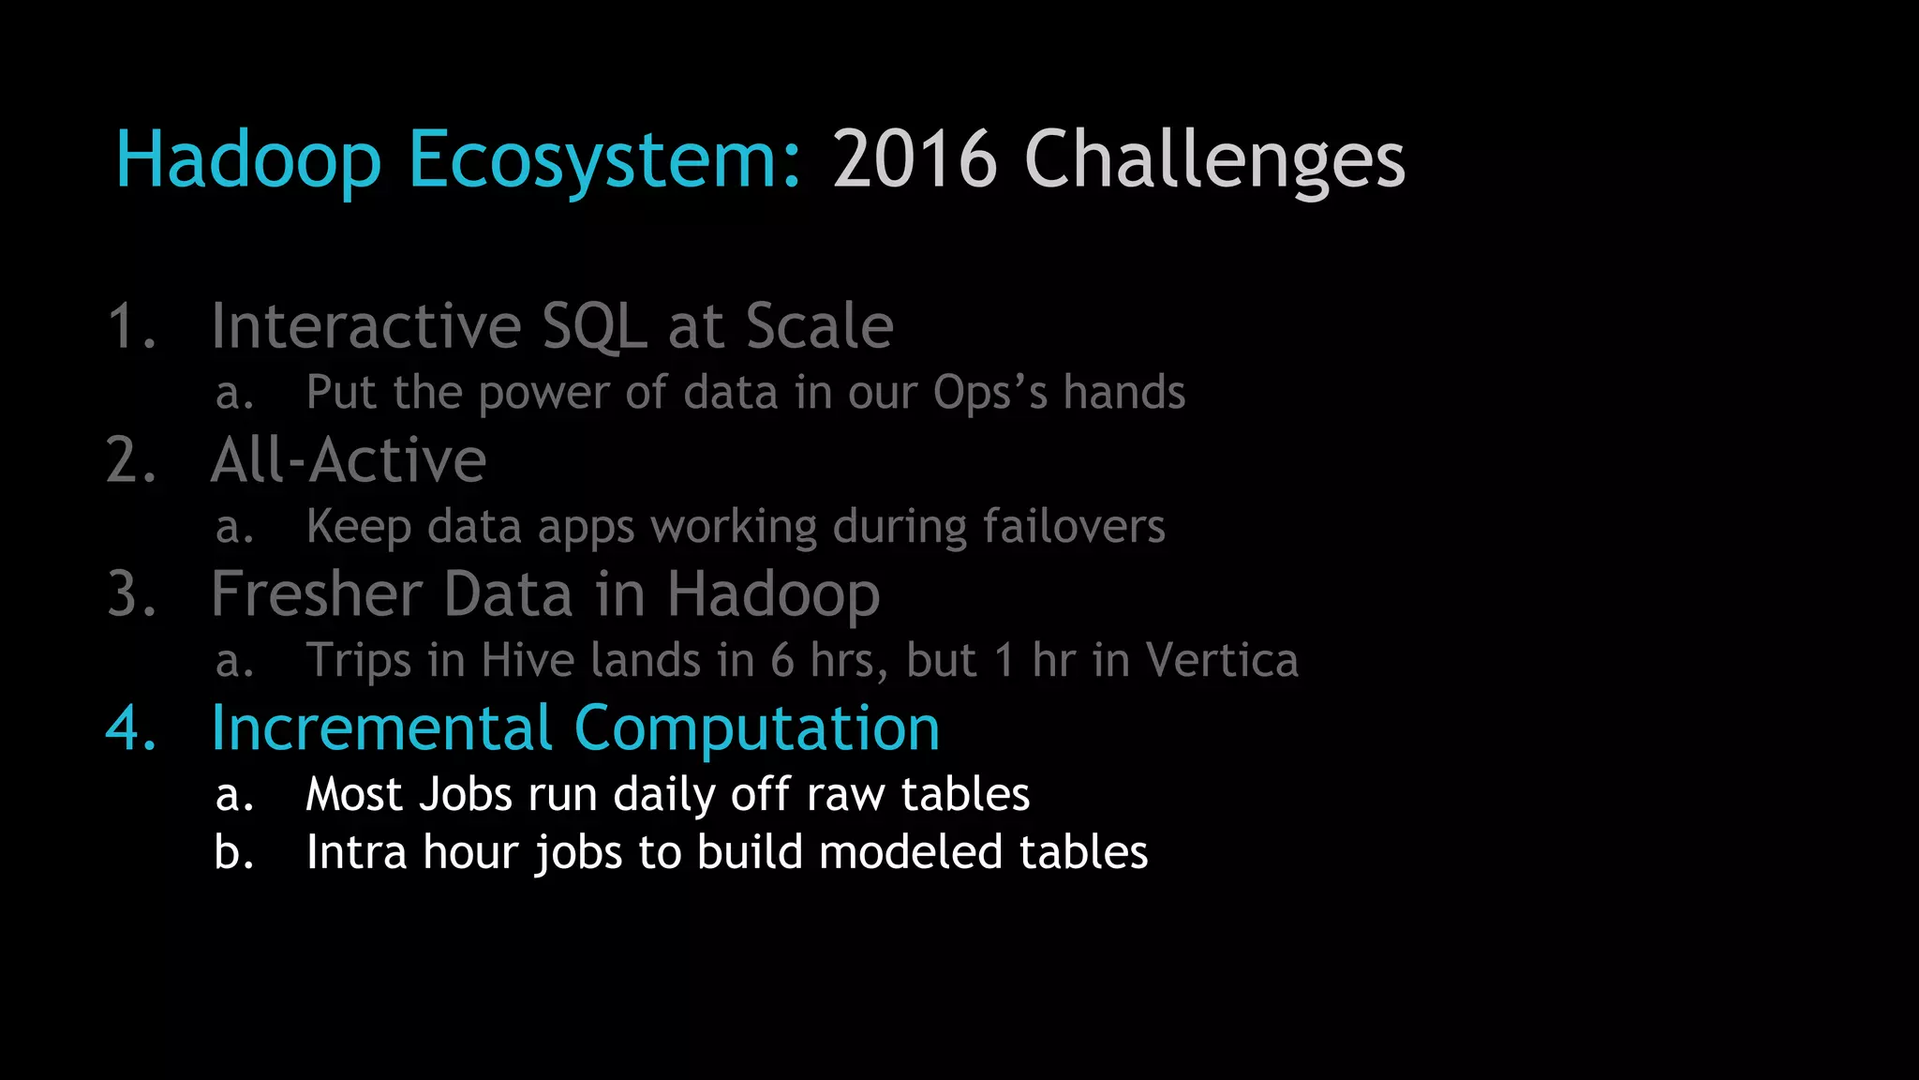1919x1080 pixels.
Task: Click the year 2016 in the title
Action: tap(915, 159)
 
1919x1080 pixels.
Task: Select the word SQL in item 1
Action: tap(594, 327)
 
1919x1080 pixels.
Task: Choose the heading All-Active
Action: tap(349, 460)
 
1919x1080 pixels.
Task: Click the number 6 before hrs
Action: tap(782, 660)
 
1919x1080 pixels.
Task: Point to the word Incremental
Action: tap(381, 728)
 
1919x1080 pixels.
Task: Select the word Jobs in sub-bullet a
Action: tap(465, 795)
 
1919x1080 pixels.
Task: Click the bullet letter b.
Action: tap(233, 853)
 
